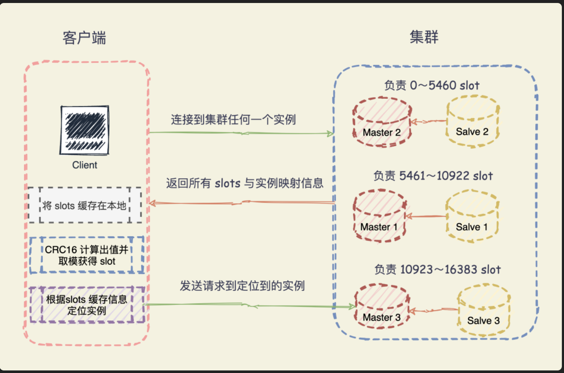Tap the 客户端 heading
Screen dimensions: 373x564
(x=84, y=38)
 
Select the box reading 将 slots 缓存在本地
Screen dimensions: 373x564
(x=84, y=205)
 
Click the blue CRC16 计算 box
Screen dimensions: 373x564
(x=86, y=255)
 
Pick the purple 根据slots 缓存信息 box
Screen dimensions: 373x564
(x=86, y=305)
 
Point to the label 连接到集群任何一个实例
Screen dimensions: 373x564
(x=233, y=120)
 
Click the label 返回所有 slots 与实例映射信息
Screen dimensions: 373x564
(x=244, y=184)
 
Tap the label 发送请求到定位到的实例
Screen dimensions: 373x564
(x=242, y=286)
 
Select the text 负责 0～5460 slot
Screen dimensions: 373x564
(x=432, y=86)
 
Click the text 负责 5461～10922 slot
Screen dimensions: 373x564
(x=433, y=176)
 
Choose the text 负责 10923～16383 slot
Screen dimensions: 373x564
(x=437, y=269)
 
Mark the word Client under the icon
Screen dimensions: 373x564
(x=85, y=165)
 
